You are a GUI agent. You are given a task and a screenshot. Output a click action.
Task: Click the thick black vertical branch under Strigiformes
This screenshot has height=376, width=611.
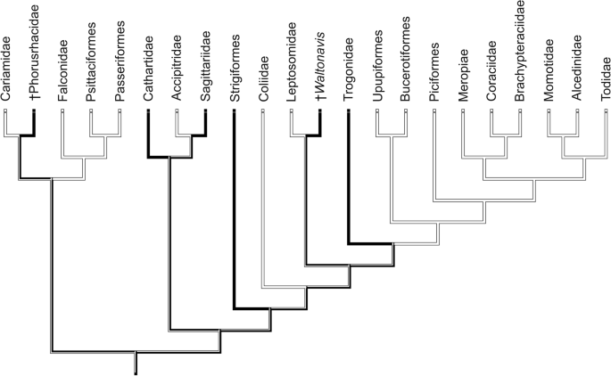point(234,214)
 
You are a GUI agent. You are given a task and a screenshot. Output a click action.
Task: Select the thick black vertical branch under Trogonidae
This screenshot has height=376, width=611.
point(348,178)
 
